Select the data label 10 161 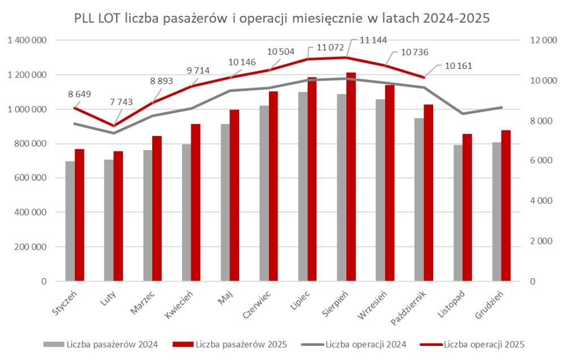click(x=458, y=65)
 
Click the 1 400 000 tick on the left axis click(x=27, y=41)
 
